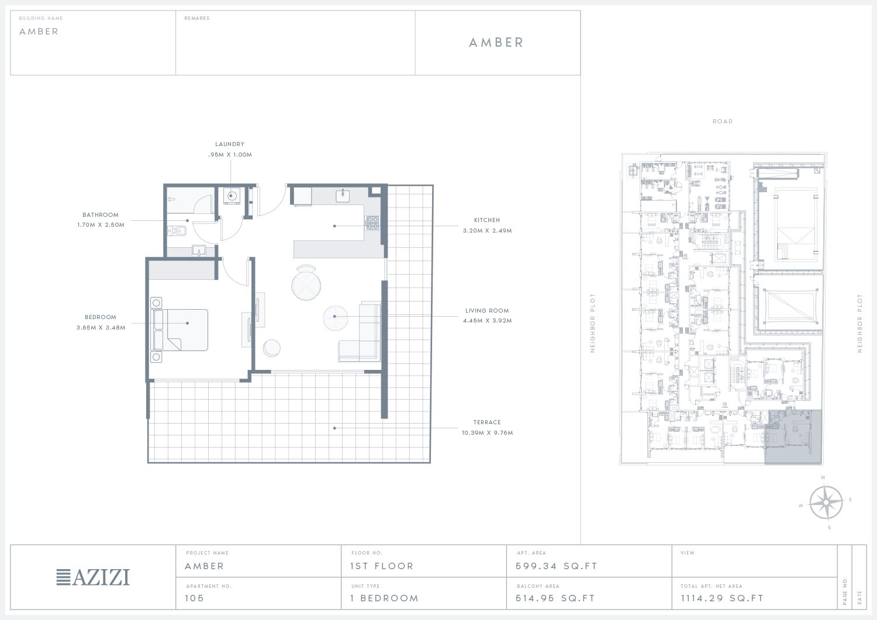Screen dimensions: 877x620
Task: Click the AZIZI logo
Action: click(93, 577)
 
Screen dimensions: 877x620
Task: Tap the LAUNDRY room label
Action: click(230, 144)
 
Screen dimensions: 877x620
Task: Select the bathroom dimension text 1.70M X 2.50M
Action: click(101, 225)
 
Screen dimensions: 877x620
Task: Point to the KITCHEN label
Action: click(487, 220)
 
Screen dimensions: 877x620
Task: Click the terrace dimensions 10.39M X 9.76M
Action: click(488, 432)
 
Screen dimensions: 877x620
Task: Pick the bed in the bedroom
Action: click(179, 330)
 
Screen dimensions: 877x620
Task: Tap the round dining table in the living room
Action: click(306, 285)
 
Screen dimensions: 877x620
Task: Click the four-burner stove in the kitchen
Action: click(372, 223)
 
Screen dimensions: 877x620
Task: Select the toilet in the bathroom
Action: click(177, 231)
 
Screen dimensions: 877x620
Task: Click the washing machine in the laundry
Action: click(232, 196)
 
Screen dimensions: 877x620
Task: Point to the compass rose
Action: click(826, 503)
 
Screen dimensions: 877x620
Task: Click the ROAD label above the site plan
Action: click(723, 122)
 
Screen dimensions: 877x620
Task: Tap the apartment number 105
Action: click(195, 598)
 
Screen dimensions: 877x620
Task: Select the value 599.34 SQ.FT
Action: click(557, 566)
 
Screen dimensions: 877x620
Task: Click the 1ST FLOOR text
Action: click(382, 566)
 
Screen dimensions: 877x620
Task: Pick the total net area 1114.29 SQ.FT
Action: click(722, 598)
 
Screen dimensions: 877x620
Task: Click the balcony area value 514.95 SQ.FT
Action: click(555, 598)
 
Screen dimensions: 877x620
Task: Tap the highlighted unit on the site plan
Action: click(793, 437)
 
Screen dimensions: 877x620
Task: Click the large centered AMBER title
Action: click(496, 42)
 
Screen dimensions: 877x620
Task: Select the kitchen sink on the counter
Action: click(343, 195)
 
